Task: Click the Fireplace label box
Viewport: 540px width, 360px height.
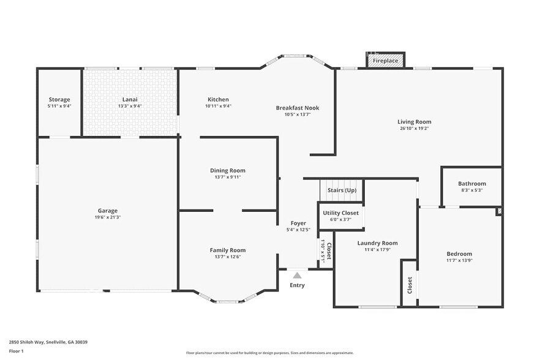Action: (x=386, y=61)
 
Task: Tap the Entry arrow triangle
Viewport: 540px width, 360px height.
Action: (x=297, y=276)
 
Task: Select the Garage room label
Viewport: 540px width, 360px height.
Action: (x=108, y=211)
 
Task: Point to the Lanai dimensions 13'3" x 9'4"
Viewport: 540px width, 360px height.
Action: (x=129, y=106)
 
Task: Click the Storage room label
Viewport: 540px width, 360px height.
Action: (x=59, y=99)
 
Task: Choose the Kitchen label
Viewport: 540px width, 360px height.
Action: (x=218, y=99)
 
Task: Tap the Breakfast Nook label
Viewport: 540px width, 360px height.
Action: (x=297, y=108)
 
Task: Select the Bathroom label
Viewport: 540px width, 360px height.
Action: (x=471, y=184)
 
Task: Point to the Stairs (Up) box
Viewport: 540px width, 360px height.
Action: (x=342, y=190)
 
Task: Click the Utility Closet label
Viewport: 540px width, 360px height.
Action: (x=341, y=212)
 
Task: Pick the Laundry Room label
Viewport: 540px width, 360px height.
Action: (x=378, y=243)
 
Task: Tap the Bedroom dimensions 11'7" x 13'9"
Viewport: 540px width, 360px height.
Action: (x=459, y=261)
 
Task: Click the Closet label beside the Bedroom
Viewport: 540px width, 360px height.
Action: (x=410, y=285)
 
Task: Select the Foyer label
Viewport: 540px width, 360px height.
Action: (x=298, y=223)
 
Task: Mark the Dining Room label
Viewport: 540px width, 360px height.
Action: (x=228, y=170)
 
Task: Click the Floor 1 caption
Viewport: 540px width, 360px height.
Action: (x=16, y=351)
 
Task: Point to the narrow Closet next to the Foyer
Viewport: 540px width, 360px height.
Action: (x=326, y=250)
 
